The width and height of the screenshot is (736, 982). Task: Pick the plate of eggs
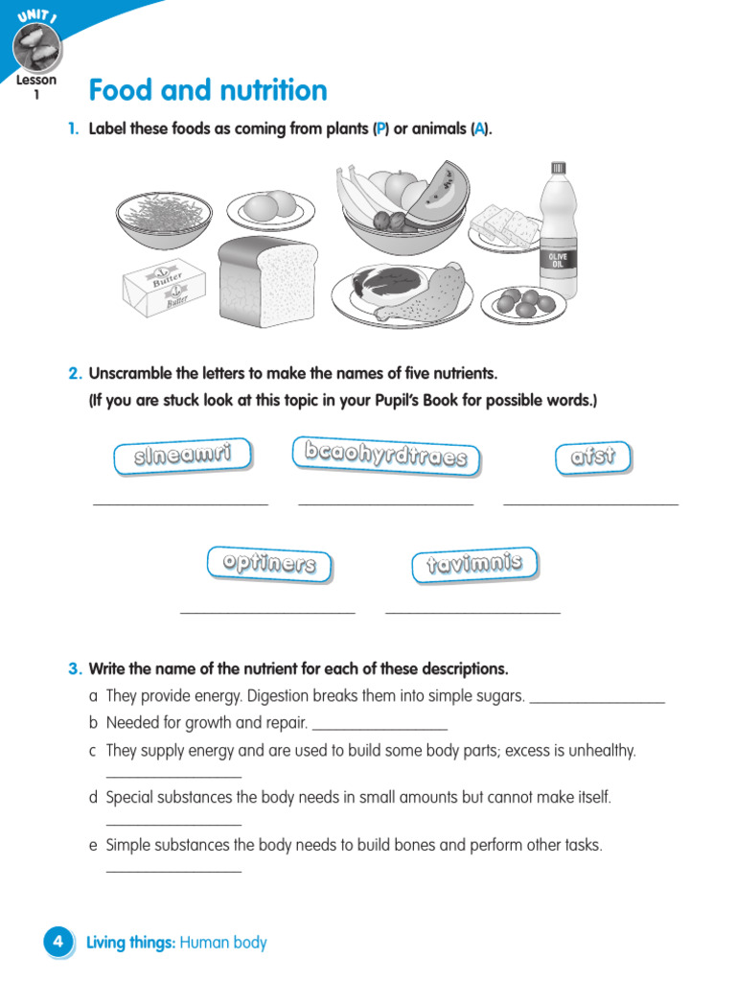tap(271, 207)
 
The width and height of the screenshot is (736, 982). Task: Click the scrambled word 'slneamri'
tap(182, 456)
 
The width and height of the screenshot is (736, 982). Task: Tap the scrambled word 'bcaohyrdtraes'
tap(386, 456)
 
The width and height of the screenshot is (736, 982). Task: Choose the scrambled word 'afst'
tap(592, 457)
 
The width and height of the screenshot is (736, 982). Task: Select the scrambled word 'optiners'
tap(269, 564)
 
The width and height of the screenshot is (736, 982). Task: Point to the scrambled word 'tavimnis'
tap(474, 564)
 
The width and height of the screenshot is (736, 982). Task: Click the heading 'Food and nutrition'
tap(207, 90)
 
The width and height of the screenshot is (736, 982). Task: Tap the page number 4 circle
tap(57, 943)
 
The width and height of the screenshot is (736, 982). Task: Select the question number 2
tap(73, 373)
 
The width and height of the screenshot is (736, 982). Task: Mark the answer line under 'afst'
tap(590, 501)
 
